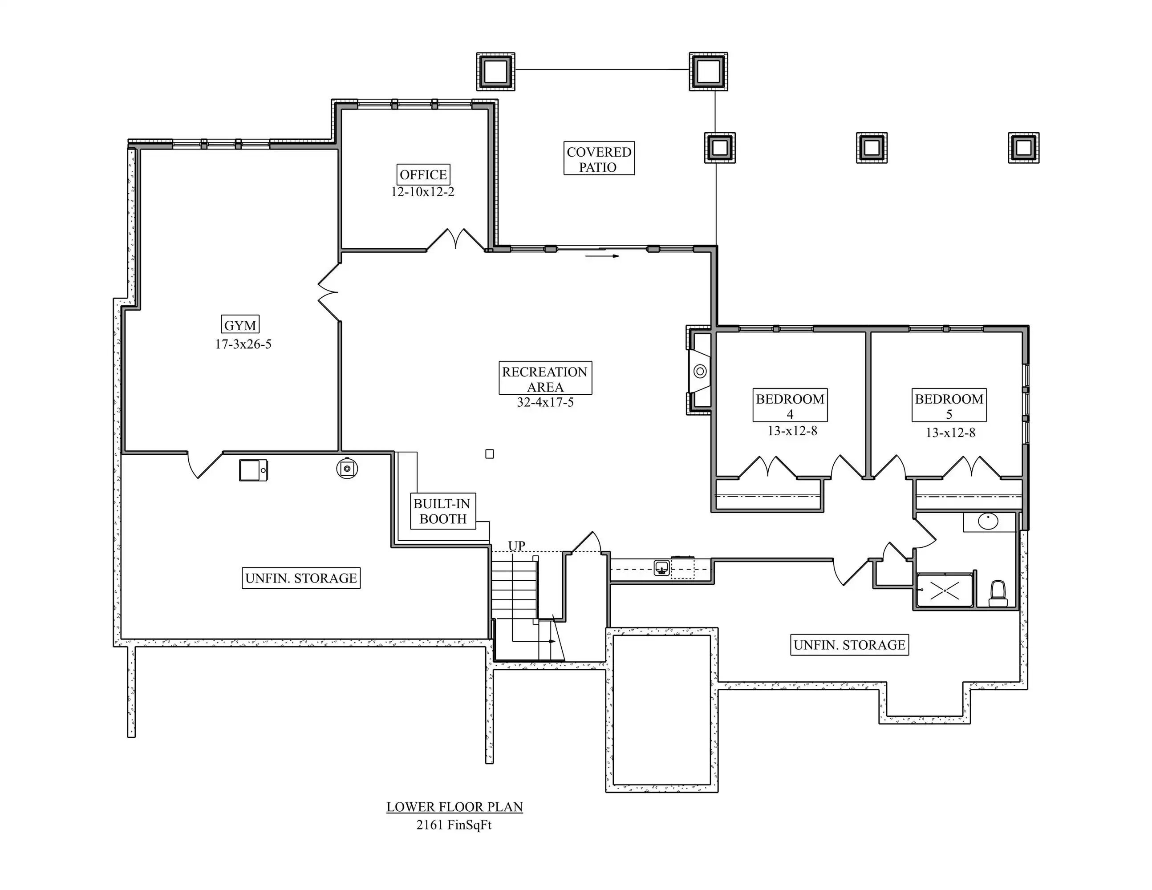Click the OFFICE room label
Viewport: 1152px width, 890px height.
[x=423, y=174]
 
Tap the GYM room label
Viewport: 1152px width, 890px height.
[x=240, y=325]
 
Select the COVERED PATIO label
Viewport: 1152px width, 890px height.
[x=599, y=159]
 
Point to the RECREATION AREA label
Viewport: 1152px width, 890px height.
[x=545, y=379]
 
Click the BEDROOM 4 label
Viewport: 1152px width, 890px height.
[x=790, y=406]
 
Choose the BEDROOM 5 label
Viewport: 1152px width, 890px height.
[x=949, y=406]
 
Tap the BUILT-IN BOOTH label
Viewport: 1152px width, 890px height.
[x=442, y=511]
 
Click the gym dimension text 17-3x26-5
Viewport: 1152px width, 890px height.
[x=243, y=344]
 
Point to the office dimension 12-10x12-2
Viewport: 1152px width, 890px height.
[x=422, y=192]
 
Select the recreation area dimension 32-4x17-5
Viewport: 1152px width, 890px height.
[x=545, y=402]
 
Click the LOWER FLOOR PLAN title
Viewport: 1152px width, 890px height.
[x=454, y=807]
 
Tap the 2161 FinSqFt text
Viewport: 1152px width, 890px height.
[x=454, y=825]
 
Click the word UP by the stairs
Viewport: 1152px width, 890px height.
[x=516, y=546]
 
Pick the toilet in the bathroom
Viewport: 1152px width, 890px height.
[x=998, y=594]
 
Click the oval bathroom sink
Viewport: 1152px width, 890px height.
[x=988, y=522]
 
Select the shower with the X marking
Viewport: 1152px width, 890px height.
[x=944, y=591]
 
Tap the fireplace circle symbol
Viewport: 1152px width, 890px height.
[x=700, y=372]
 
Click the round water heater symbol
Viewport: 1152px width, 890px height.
[x=347, y=468]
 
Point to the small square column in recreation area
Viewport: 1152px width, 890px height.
[x=490, y=454]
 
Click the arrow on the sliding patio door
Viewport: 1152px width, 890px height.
[x=602, y=256]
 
